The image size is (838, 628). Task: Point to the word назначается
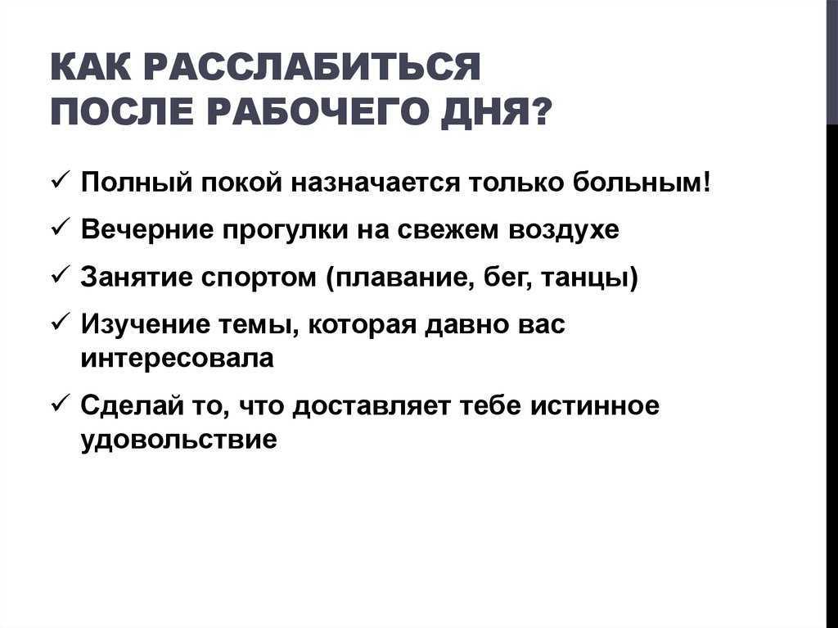[x=375, y=183]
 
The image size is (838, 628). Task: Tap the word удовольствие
[x=179, y=440]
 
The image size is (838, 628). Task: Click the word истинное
[x=594, y=406]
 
